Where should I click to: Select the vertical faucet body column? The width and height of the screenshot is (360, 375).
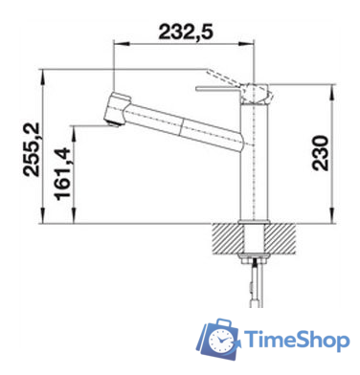click(253, 163)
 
